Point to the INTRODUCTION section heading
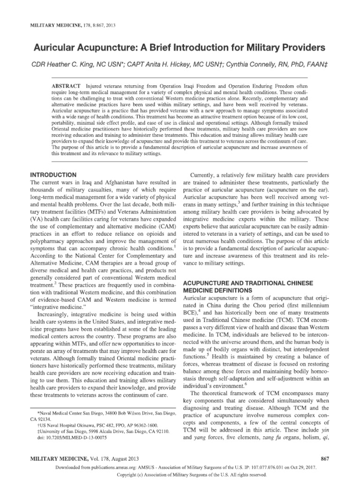[53, 174]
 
